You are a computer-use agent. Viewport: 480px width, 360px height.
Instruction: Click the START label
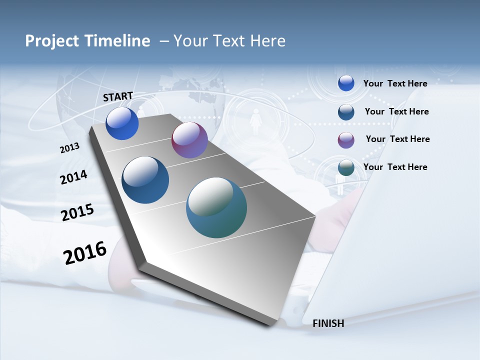[x=118, y=96]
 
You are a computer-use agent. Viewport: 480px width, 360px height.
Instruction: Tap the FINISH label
[x=328, y=323]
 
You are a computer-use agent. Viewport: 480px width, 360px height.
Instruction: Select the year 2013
[x=69, y=148]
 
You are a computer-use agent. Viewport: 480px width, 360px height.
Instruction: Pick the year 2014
[x=73, y=177]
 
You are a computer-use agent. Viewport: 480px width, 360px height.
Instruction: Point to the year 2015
[x=77, y=212]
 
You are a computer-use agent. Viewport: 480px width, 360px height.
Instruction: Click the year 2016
[x=85, y=253]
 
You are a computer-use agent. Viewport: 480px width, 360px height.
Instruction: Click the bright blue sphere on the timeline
[x=122, y=123]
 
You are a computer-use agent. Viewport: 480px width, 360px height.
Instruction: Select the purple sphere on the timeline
[x=189, y=140]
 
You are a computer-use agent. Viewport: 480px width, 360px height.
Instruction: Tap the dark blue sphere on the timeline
[x=145, y=180]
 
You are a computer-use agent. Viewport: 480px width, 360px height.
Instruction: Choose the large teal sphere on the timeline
[x=216, y=207]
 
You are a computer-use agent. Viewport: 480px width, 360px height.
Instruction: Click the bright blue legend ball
[x=346, y=83]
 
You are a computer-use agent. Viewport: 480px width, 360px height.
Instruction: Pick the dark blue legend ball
[x=346, y=112]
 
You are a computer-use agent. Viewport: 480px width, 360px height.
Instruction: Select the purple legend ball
[x=346, y=140]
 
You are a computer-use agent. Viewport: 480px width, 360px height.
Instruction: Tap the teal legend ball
[x=346, y=168]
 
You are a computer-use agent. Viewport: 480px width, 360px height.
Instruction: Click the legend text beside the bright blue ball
[x=395, y=83]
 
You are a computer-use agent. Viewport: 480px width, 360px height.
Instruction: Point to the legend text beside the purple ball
[x=397, y=139]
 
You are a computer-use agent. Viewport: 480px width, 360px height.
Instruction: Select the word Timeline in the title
[x=120, y=41]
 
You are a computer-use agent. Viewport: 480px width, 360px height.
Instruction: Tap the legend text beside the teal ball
[x=395, y=167]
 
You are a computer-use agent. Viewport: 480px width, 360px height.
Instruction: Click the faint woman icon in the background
[x=256, y=120]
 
